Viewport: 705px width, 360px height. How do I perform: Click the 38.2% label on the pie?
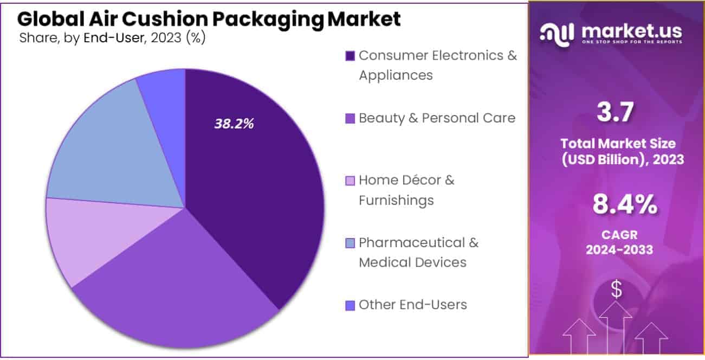234,124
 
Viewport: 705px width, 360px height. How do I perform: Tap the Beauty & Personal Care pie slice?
179,282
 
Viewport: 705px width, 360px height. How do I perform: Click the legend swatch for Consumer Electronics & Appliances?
350,55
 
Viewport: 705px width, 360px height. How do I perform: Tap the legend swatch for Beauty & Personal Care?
350,118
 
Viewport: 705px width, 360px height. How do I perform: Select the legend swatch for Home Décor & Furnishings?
350,181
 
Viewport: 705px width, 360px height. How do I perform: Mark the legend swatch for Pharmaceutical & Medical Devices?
350,243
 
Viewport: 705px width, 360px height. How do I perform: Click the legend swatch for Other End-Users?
350,305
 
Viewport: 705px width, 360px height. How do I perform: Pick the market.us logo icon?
558,33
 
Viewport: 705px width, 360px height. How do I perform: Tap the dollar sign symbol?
617,290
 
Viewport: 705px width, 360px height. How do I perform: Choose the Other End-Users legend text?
412,305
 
